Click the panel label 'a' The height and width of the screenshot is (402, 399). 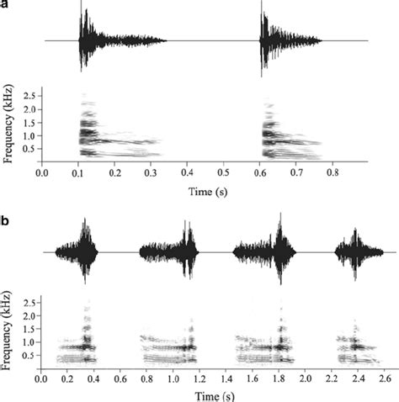(x=5, y=5)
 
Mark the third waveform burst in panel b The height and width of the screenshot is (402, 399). (x=265, y=251)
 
